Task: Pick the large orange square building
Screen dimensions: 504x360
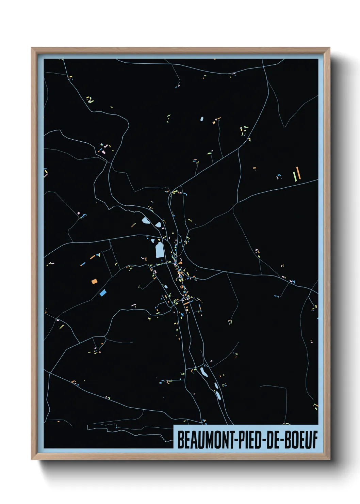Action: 94,281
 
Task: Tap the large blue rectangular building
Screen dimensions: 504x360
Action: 103,293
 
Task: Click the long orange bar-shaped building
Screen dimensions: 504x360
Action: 298,173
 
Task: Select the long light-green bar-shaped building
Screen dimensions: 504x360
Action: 295,177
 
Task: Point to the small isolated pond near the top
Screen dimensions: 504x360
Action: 202,119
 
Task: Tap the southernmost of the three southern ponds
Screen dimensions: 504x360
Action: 218,395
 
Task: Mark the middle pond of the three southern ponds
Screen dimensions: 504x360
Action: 216,385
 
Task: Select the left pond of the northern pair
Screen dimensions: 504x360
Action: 145,221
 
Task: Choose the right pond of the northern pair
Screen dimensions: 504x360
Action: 158,225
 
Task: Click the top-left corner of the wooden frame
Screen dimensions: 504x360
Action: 32,48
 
